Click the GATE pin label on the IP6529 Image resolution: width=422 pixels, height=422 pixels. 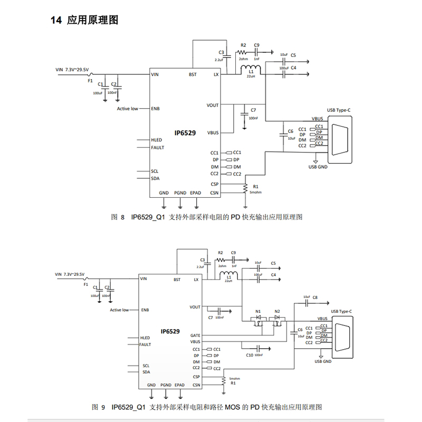[195, 335]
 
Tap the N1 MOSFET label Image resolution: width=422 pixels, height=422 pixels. [258, 311]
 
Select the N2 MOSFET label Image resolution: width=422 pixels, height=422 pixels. [277, 311]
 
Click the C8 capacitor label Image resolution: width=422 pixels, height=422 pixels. [315, 298]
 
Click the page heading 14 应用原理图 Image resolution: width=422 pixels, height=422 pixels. [84, 21]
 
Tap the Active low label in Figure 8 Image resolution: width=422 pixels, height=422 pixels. [128, 109]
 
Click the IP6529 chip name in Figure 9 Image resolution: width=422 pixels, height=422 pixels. [170, 332]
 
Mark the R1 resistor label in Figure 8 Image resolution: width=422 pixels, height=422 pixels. [256, 186]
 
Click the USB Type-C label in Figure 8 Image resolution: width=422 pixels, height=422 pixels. [339, 109]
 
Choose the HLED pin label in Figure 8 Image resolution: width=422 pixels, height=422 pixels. [157, 140]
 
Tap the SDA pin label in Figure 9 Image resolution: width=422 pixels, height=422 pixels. [146, 371]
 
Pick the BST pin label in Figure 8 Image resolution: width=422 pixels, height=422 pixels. [193, 75]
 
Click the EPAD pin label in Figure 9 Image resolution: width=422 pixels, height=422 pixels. [180, 385]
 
